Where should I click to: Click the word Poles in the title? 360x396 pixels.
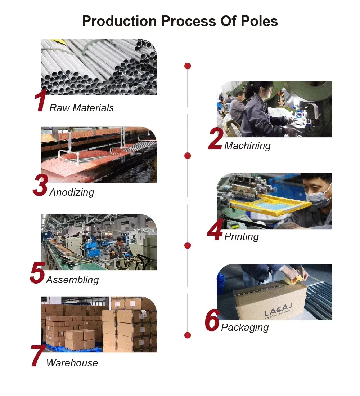259,21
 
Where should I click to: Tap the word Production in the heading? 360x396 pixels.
119,21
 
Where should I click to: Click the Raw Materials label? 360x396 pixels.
81,108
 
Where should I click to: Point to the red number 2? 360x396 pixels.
216,139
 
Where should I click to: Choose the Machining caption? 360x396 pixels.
247,146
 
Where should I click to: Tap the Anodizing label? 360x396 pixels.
72,192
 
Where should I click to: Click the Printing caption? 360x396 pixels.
242,237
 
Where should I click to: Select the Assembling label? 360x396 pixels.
72,280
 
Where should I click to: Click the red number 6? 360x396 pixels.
212,320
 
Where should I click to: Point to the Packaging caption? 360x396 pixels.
245,328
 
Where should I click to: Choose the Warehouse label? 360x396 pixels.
72,363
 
